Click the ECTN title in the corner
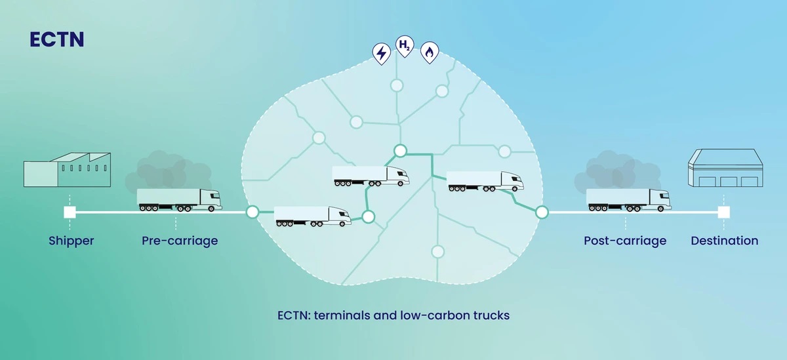(x=57, y=39)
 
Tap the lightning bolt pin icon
(x=380, y=52)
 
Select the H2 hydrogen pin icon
(x=405, y=47)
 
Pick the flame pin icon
(x=429, y=52)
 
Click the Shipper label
(x=71, y=241)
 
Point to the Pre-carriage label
(x=180, y=241)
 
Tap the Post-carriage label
(x=625, y=241)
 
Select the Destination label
(x=724, y=241)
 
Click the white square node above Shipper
(x=70, y=212)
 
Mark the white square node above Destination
(x=723, y=212)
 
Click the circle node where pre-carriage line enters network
(x=252, y=212)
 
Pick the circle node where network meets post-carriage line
(x=542, y=212)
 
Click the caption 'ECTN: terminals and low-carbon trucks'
(x=393, y=315)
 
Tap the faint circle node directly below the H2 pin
(x=396, y=85)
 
